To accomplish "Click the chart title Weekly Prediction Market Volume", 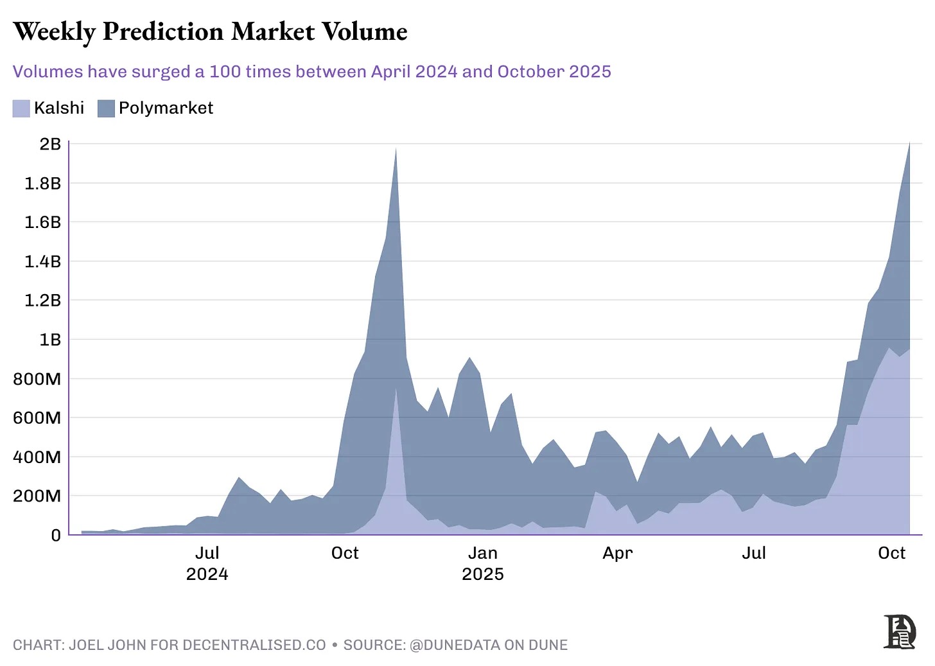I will click(x=210, y=32).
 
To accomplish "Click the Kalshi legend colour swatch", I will click(x=21, y=109).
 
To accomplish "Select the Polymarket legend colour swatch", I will click(x=106, y=109).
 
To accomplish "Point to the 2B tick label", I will click(x=50, y=144).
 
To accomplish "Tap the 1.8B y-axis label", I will click(x=42, y=184).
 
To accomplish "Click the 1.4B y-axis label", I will click(x=42, y=261).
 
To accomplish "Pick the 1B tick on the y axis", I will click(x=50, y=340).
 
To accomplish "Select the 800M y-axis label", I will click(x=37, y=379).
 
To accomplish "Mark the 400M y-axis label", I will click(x=37, y=457).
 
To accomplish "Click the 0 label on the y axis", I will click(x=56, y=535).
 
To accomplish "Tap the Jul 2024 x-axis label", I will click(x=207, y=563).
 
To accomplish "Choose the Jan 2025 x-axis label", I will click(x=482, y=563).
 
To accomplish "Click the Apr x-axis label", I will click(x=617, y=553).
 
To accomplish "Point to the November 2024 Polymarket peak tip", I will click(x=396, y=148).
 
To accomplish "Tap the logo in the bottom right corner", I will click(x=899, y=632).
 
